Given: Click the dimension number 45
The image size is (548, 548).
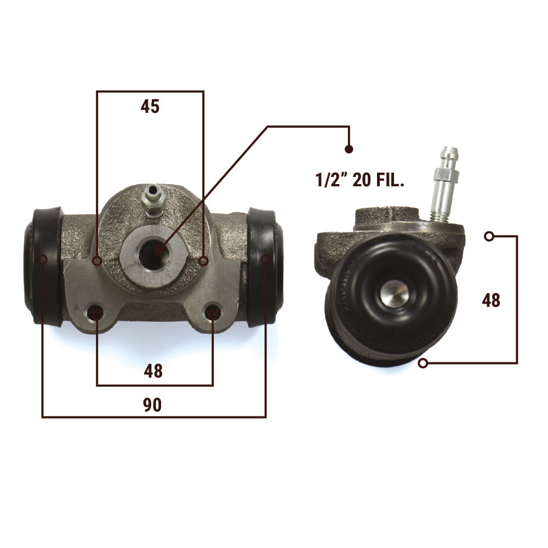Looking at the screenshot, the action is click(150, 106).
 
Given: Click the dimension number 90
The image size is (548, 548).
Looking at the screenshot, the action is click(152, 405).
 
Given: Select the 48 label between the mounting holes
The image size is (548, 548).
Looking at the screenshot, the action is click(153, 371).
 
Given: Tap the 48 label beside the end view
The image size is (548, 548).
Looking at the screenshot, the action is click(491, 300).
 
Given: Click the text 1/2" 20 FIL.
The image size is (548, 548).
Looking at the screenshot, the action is click(360, 180).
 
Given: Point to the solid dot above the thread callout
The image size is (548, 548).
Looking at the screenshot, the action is click(349, 149).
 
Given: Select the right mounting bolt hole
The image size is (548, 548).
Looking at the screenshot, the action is click(213, 313).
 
